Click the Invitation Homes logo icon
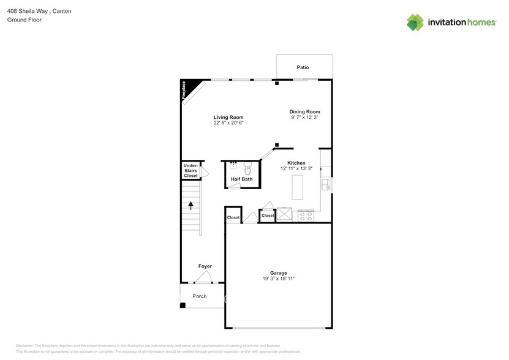(415, 22)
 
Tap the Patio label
(303, 67)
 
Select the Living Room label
(228, 118)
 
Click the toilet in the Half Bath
(248, 167)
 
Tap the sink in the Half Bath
(233, 166)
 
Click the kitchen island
(297, 187)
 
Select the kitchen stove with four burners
(306, 216)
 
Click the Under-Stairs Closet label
(190, 171)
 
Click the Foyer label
(205, 266)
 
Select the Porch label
(200, 296)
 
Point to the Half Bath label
(241, 179)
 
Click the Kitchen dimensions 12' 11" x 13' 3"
(296, 168)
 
